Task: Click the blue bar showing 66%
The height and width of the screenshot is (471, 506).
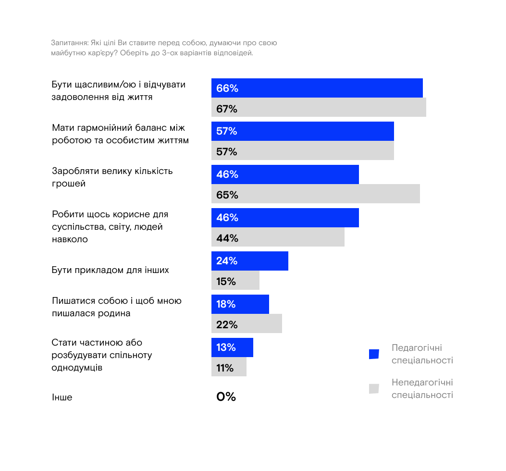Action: (317, 88)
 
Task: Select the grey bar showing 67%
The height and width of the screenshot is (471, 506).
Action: (319, 107)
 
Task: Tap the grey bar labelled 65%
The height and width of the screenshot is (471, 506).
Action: (316, 194)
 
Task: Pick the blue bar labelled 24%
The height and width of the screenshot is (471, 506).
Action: (250, 261)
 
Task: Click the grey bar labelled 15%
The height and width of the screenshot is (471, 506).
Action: (235, 280)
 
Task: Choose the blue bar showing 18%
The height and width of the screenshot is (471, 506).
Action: (240, 304)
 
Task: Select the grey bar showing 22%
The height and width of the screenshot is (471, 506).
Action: (247, 323)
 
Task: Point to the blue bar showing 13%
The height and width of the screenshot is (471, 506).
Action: (232, 347)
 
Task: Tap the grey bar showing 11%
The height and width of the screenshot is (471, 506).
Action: (229, 367)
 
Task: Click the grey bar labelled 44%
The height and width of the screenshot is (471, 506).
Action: (278, 237)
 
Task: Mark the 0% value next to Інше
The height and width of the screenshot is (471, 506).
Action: (226, 397)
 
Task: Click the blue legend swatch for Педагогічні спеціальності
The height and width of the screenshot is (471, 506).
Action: (374, 354)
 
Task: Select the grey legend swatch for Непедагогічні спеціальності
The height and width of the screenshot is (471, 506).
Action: (374, 389)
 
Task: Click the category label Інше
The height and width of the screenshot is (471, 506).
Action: (62, 397)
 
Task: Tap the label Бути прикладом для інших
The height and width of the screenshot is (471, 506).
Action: (111, 270)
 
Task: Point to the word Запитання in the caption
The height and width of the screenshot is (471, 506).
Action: (69, 43)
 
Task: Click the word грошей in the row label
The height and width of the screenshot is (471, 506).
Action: (69, 184)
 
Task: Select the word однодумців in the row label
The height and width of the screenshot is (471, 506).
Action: (77, 368)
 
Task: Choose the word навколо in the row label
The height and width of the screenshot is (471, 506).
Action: (70, 239)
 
